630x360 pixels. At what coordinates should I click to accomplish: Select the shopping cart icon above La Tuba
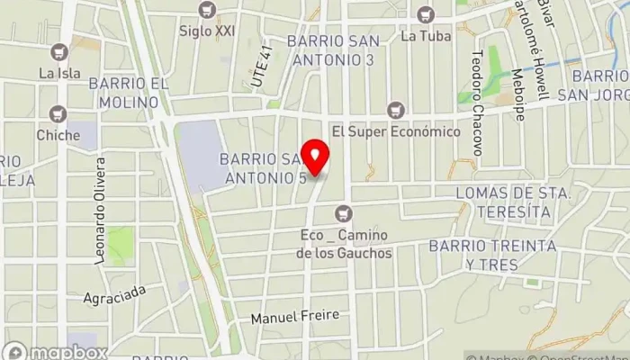coord(425,14)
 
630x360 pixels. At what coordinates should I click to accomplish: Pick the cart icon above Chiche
coord(58,114)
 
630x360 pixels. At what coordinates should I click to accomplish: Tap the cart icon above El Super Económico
coord(394,110)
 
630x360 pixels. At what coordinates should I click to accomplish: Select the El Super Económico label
coord(396,131)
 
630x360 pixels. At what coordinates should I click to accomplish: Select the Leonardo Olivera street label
coord(100,212)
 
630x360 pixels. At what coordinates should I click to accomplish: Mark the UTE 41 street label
coord(261,68)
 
